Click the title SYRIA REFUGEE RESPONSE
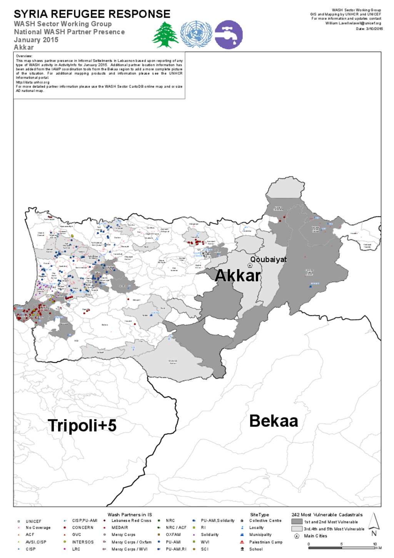point(92,14)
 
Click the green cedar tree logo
point(165,35)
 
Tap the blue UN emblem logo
point(196,34)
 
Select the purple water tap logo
point(229,35)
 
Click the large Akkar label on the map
point(238,276)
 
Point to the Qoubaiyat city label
point(268,260)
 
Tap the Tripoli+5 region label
point(82,426)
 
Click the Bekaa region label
point(274,421)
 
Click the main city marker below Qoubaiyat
point(250,265)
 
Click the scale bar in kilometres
point(342,548)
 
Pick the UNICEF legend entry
point(33,521)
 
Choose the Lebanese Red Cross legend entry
point(131,521)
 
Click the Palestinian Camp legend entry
point(265,542)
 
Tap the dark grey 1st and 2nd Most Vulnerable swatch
point(297,522)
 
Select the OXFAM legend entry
point(173,535)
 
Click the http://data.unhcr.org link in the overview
point(33,82)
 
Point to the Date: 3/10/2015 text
point(369,29)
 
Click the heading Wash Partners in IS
point(130,514)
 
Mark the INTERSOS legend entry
point(83,542)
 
